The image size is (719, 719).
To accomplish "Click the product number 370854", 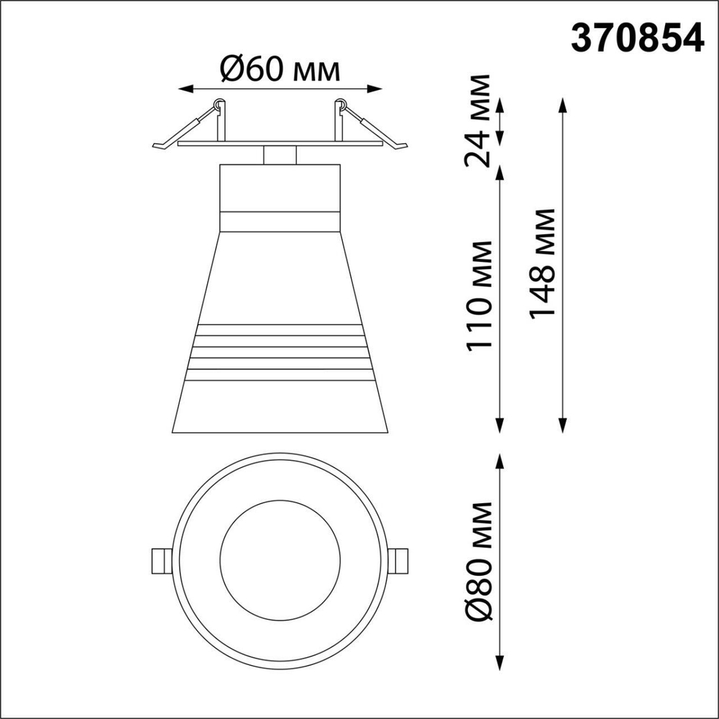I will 636,38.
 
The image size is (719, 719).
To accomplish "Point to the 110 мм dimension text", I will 480,296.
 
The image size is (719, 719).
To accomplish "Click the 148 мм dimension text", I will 542,263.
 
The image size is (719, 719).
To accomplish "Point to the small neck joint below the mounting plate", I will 279,155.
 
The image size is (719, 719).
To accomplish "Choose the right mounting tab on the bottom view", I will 398,559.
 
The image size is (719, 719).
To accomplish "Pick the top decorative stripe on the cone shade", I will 279,330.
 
